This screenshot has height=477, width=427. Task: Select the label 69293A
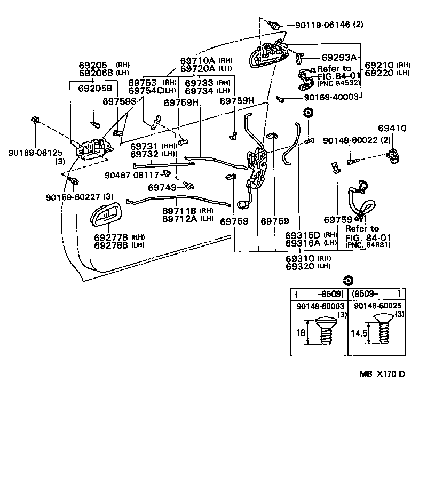tap(339, 57)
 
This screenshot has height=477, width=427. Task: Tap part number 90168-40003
tap(322, 98)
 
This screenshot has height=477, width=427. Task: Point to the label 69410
tap(392, 129)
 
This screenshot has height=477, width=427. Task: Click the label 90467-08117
tap(132, 174)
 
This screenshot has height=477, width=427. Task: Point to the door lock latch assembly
tap(257, 169)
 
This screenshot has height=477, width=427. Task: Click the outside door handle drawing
tap(268, 55)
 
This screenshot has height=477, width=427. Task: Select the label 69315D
tap(302, 235)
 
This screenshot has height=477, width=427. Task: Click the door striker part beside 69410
tap(394, 155)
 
